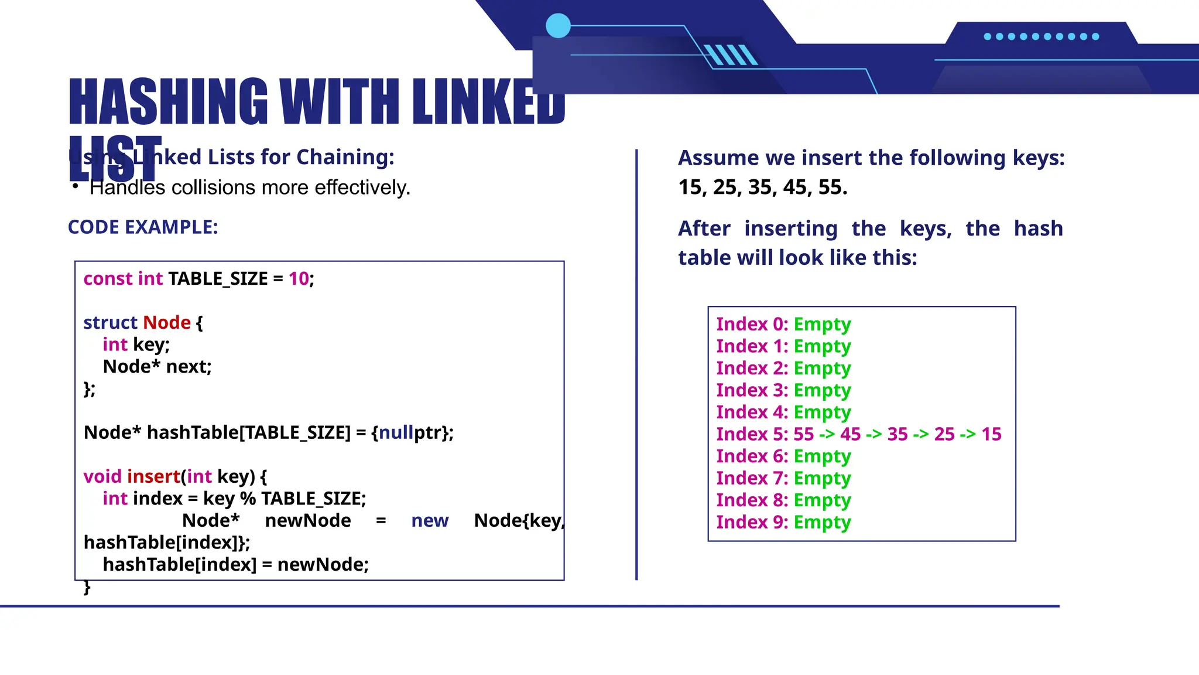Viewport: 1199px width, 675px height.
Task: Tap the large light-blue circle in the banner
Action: point(558,26)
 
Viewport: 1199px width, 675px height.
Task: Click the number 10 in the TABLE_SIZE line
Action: point(298,279)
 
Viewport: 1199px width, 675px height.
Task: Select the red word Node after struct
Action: point(167,323)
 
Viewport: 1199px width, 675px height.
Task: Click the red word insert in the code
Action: point(153,477)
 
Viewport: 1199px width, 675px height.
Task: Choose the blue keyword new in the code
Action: point(430,521)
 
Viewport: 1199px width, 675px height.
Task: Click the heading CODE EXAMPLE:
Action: point(143,227)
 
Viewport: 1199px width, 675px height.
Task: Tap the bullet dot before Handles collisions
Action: point(75,186)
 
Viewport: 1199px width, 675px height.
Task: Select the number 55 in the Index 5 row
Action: point(803,435)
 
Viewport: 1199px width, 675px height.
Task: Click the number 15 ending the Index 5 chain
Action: point(991,435)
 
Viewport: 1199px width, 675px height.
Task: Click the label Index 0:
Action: point(752,325)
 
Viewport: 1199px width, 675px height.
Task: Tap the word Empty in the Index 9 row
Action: point(822,523)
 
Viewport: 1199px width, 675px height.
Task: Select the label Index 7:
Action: point(752,479)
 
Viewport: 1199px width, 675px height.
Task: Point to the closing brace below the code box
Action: point(87,587)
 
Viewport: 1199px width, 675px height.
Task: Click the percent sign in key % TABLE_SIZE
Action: point(248,499)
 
